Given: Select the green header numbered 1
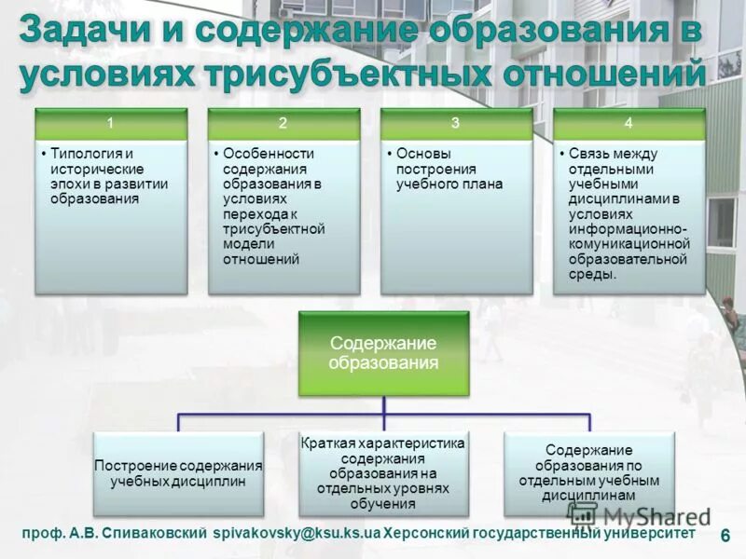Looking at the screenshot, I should tap(110, 122).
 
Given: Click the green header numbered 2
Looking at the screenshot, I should tap(283, 122).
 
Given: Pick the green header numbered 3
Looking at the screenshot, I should tap(456, 122).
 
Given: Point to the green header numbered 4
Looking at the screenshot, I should tap(629, 122).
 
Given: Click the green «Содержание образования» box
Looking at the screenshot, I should tap(383, 352).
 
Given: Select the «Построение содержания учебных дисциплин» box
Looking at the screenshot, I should tap(178, 473).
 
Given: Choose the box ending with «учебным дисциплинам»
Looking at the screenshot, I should tap(589, 473).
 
